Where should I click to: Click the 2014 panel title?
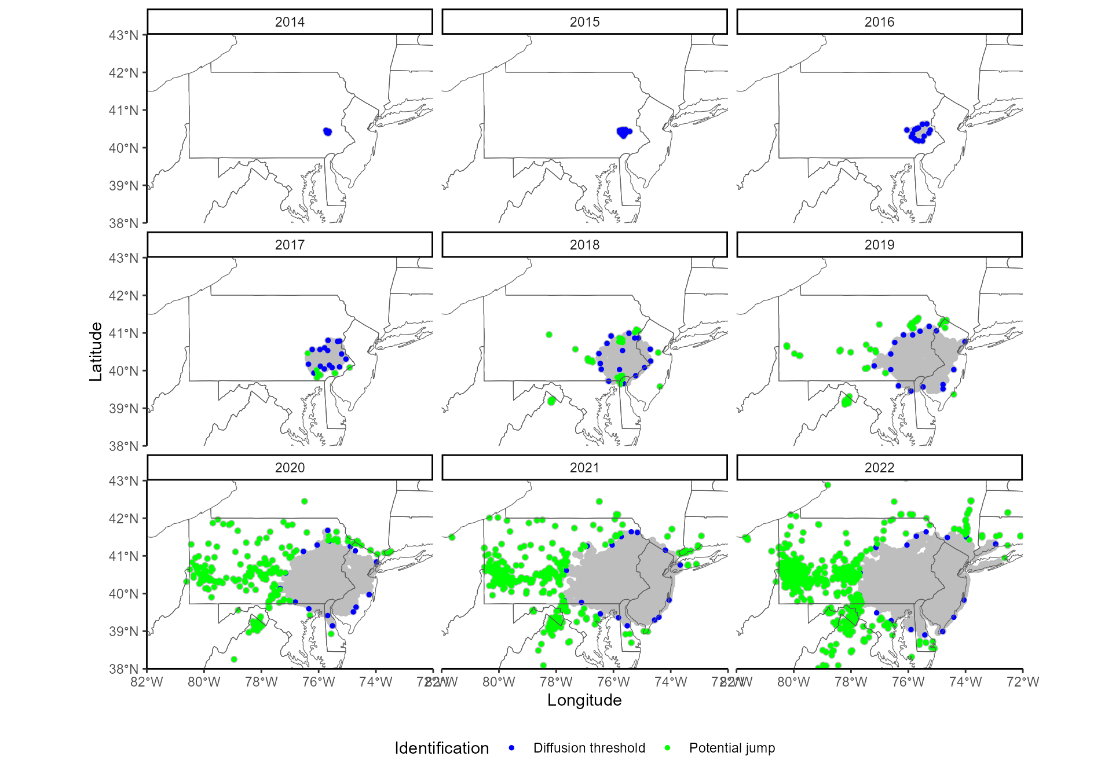pyautogui.click(x=290, y=22)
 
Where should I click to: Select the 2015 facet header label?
pyautogui.click(x=584, y=22)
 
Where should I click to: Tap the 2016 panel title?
pyautogui.click(x=879, y=22)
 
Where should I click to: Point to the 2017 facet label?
pyautogui.click(x=290, y=245)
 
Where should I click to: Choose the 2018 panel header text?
pyautogui.click(x=584, y=245)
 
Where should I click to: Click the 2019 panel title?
pyautogui.click(x=879, y=245)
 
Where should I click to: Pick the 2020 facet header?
pyautogui.click(x=290, y=468)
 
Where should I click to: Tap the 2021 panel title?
pyautogui.click(x=584, y=468)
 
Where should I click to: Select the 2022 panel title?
pyautogui.click(x=879, y=468)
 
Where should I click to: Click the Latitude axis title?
pyautogui.click(x=96, y=351)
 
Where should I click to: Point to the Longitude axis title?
pyautogui.click(x=584, y=700)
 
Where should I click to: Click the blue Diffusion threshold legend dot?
pyautogui.click(x=511, y=748)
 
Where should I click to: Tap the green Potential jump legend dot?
pyautogui.click(x=667, y=748)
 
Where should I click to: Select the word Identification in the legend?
pyautogui.click(x=441, y=748)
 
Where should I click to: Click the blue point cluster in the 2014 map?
pyautogui.click(x=328, y=132)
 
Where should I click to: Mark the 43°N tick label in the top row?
pyautogui.click(x=123, y=35)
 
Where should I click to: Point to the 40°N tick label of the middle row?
pyautogui.click(x=123, y=371)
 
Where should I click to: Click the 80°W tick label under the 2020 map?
pyautogui.click(x=204, y=682)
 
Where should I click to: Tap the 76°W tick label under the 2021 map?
pyautogui.click(x=613, y=682)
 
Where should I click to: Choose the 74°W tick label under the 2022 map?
pyautogui.click(x=965, y=682)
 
